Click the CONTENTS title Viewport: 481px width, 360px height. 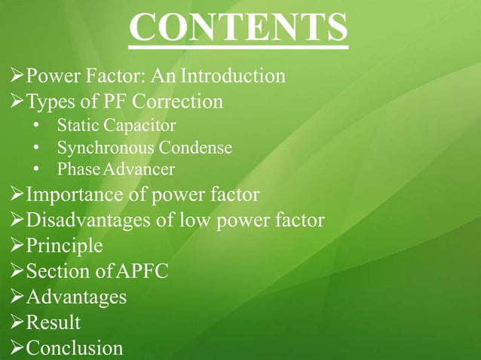[238, 29]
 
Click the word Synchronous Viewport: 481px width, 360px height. [103, 146]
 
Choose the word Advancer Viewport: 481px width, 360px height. [138, 169]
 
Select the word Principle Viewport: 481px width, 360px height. [64, 246]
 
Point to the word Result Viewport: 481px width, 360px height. [53, 322]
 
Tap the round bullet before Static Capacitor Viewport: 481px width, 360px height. [37, 124]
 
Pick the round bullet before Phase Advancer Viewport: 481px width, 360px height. [37, 169]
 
